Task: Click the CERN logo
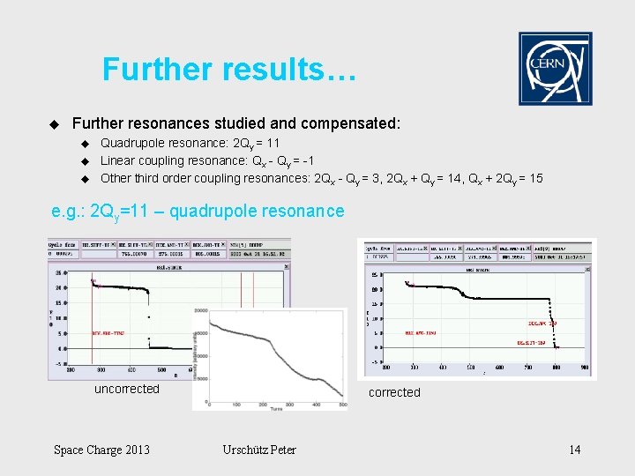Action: pos(555,69)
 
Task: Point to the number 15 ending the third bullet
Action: pos(534,178)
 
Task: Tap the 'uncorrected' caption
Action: pos(127,389)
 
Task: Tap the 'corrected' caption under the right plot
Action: pos(394,392)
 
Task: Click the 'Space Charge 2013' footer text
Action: pos(101,450)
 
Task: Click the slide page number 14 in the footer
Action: pos(574,450)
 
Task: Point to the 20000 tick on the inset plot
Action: pos(200,311)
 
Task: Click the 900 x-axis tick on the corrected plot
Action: pos(583,367)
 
